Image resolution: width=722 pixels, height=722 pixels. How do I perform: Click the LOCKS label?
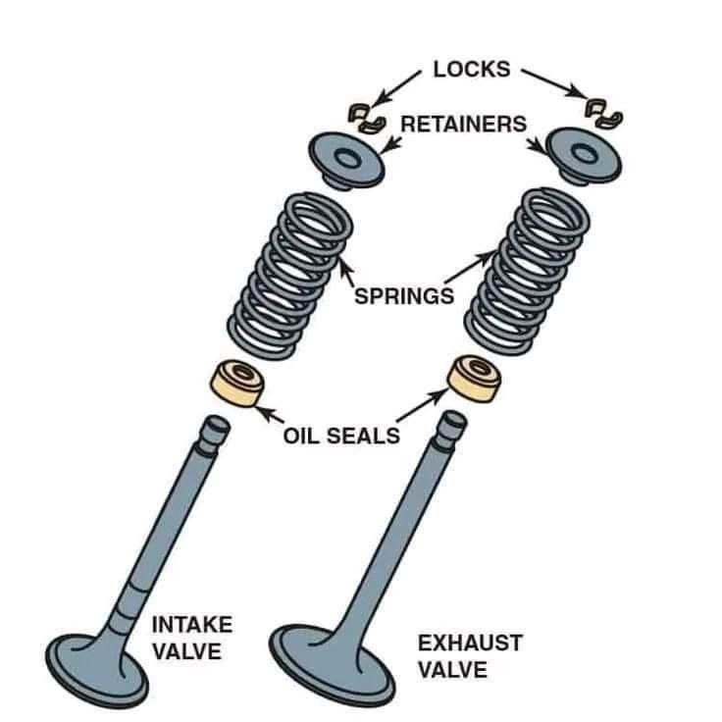(x=472, y=69)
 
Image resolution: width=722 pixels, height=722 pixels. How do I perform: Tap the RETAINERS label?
(x=463, y=125)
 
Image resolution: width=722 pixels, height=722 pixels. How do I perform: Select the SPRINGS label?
(x=403, y=295)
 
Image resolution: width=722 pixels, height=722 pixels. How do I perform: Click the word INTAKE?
(x=191, y=625)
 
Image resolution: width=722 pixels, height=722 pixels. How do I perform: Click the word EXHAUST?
(x=470, y=645)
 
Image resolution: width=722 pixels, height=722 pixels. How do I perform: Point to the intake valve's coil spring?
(x=290, y=275)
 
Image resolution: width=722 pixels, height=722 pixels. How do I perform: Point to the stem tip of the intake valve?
(x=215, y=428)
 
